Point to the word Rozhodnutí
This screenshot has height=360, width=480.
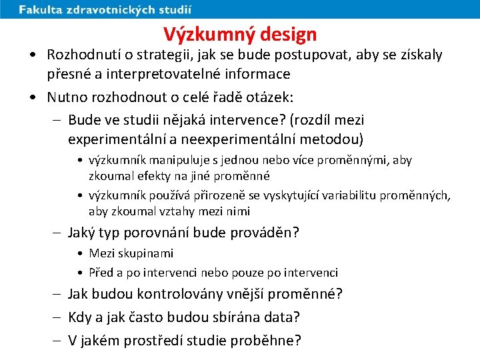point(83,55)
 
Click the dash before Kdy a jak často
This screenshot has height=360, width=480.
point(58,317)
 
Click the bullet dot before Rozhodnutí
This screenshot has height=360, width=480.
point(33,55)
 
